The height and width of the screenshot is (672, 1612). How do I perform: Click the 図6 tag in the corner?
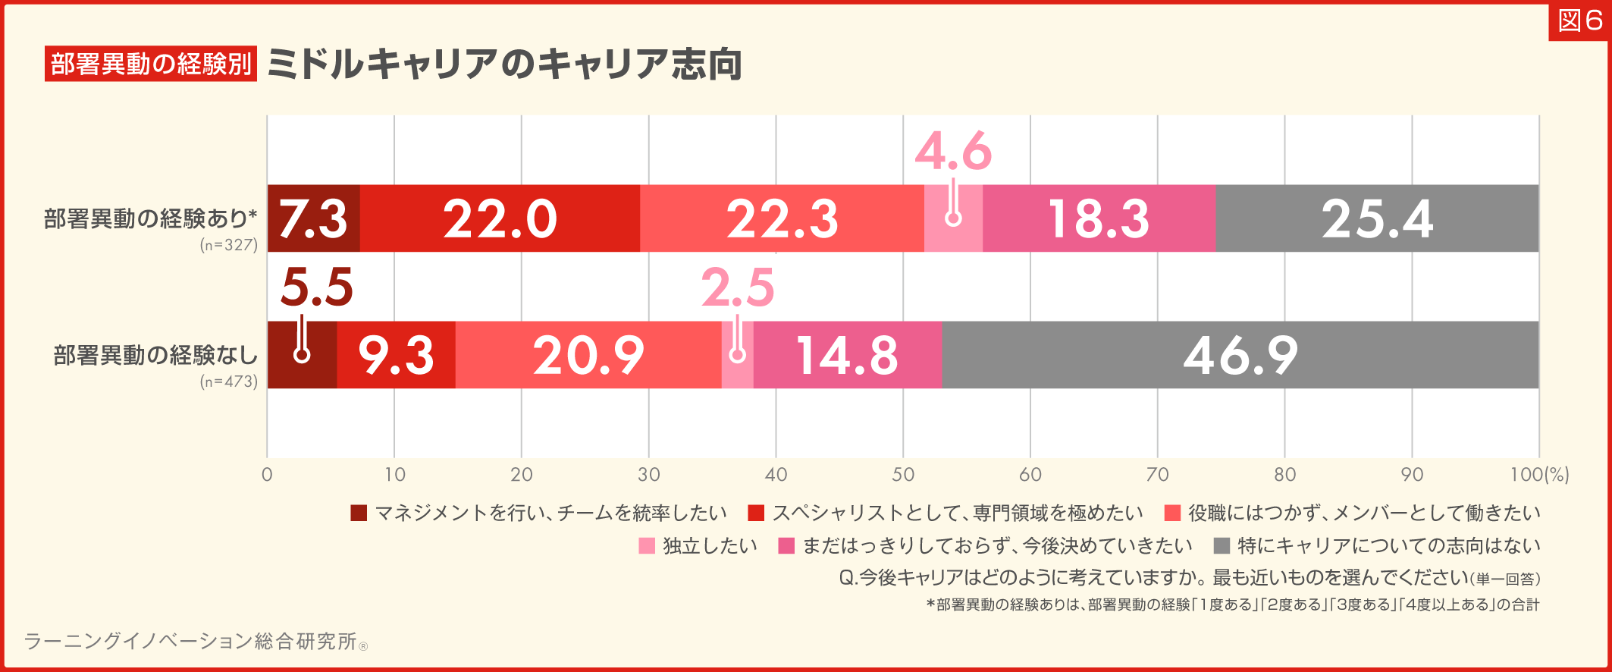click(x=1579, y=20)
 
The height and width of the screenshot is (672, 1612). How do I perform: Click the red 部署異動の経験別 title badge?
click(x=151, y=64)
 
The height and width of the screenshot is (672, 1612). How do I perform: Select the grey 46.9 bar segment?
click(x=1240, y=355)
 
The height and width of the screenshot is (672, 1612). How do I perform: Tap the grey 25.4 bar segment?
click(x=1377, y=218)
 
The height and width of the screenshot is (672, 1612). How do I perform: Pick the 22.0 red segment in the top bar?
click(x=500, y=218)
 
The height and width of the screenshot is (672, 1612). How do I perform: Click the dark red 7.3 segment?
click(x=313, y=218)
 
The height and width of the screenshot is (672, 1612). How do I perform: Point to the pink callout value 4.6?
click(x=953, y=151)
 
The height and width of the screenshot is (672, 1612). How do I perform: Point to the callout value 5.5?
click(x=316, y=287)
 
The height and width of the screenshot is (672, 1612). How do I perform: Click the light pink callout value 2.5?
click(x=737, y=287)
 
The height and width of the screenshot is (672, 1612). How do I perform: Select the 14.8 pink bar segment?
click(x=847, y=355)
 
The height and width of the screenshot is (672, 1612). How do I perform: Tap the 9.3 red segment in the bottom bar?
click(x=396, y=355)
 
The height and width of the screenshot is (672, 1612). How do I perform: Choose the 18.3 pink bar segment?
click(x=1099, y=218)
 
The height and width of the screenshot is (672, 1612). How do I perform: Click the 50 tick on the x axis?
click(x=902, y=475)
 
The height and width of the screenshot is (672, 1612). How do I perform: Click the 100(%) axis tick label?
click(x=1539, y=475)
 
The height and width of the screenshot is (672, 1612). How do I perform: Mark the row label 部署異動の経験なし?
click(x=155, y=355)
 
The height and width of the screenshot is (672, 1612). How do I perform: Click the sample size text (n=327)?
click(x=229, y=245)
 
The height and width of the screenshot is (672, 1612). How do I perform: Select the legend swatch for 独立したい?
click(x=646, y=546)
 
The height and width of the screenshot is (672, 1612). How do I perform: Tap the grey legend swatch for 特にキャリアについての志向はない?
click(x=1222, y=546)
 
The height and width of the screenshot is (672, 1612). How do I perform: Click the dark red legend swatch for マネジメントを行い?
click(x=359, y=513)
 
